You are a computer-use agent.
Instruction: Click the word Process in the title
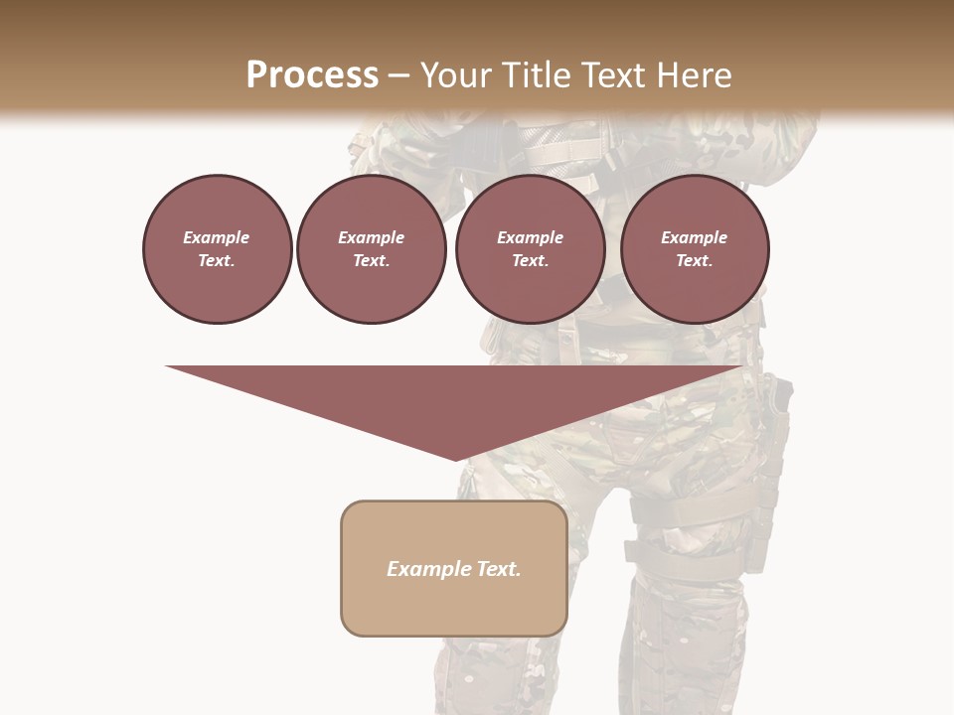312,75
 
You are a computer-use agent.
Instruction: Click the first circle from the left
217,249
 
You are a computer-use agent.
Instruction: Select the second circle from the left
371,249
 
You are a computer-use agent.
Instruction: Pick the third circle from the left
530,249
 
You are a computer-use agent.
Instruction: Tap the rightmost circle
694,249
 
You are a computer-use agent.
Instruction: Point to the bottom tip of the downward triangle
456,460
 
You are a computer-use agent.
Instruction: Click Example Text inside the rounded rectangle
454,569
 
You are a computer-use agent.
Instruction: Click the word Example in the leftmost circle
216,237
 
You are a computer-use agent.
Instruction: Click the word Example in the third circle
530,237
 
